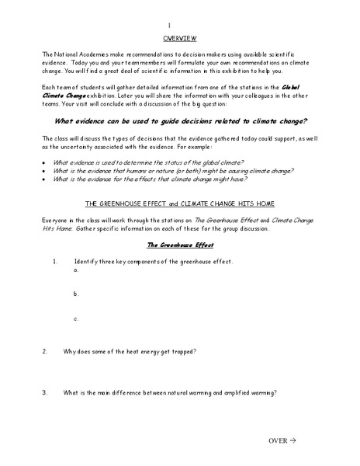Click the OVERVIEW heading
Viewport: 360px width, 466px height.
click(x=179, y=37)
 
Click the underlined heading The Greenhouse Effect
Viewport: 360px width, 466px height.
click(x=180, y=245)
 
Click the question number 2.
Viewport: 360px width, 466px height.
click(x=45, y=351)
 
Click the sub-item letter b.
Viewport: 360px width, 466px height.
click(x=76, y=294)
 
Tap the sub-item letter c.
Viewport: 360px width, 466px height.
click(x=76, y=318)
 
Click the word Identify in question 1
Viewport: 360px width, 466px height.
click(x=88, y=261)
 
